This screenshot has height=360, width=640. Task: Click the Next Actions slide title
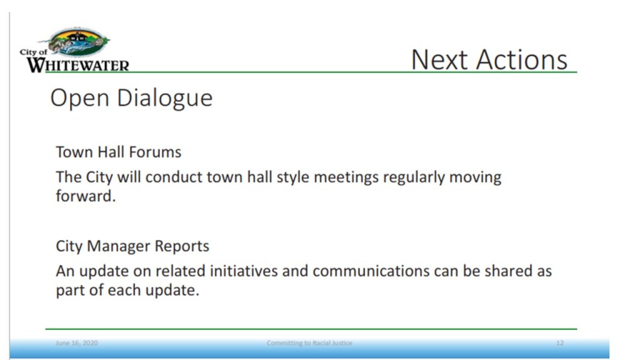point(489,59)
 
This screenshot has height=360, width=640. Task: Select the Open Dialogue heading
point(131,98)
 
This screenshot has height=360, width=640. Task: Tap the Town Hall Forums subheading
point(118,152)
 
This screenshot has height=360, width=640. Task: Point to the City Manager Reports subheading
point(132,246)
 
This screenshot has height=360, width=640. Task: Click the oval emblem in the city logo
point(79,42)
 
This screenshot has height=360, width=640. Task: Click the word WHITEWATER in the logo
point(78,65)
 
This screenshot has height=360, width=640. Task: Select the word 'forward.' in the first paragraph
point(86,196)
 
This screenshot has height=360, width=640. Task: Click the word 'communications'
point(371,271)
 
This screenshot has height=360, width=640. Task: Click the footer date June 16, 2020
point(77,343)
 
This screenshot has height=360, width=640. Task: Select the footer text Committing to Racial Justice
point(309,343)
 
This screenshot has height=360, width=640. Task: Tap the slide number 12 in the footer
point(559,343)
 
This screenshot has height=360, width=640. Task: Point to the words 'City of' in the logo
point(34,52)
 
